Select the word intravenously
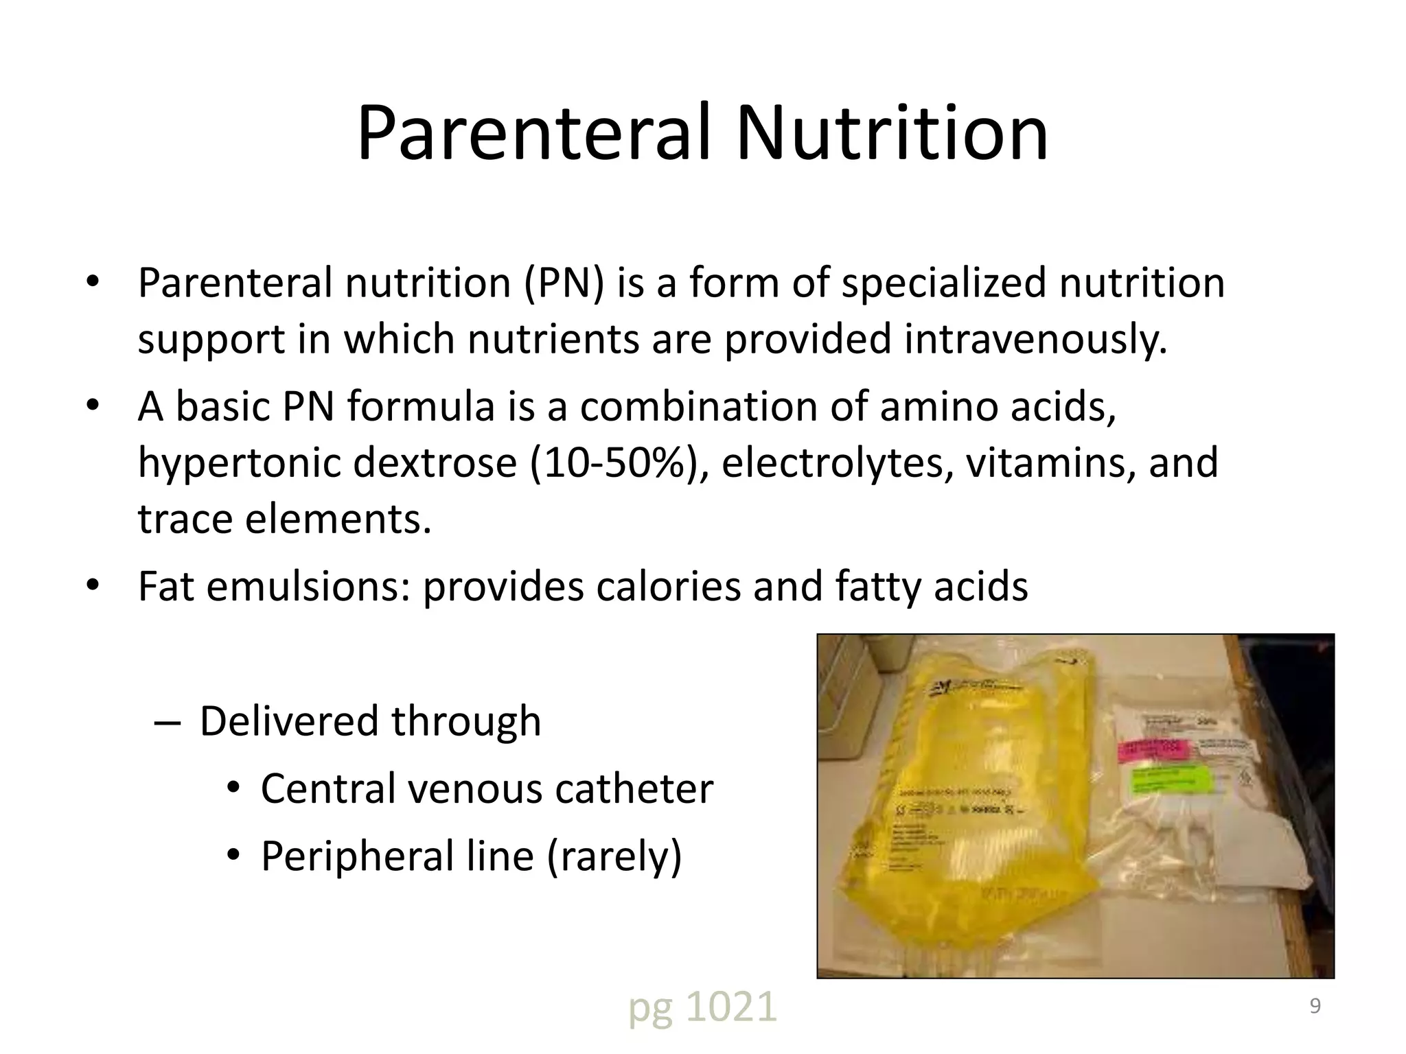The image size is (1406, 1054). point(1035,339)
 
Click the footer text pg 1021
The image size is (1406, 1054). point(702,1007)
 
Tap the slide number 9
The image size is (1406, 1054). point(1315,1006)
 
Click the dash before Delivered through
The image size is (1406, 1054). point(168,723)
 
